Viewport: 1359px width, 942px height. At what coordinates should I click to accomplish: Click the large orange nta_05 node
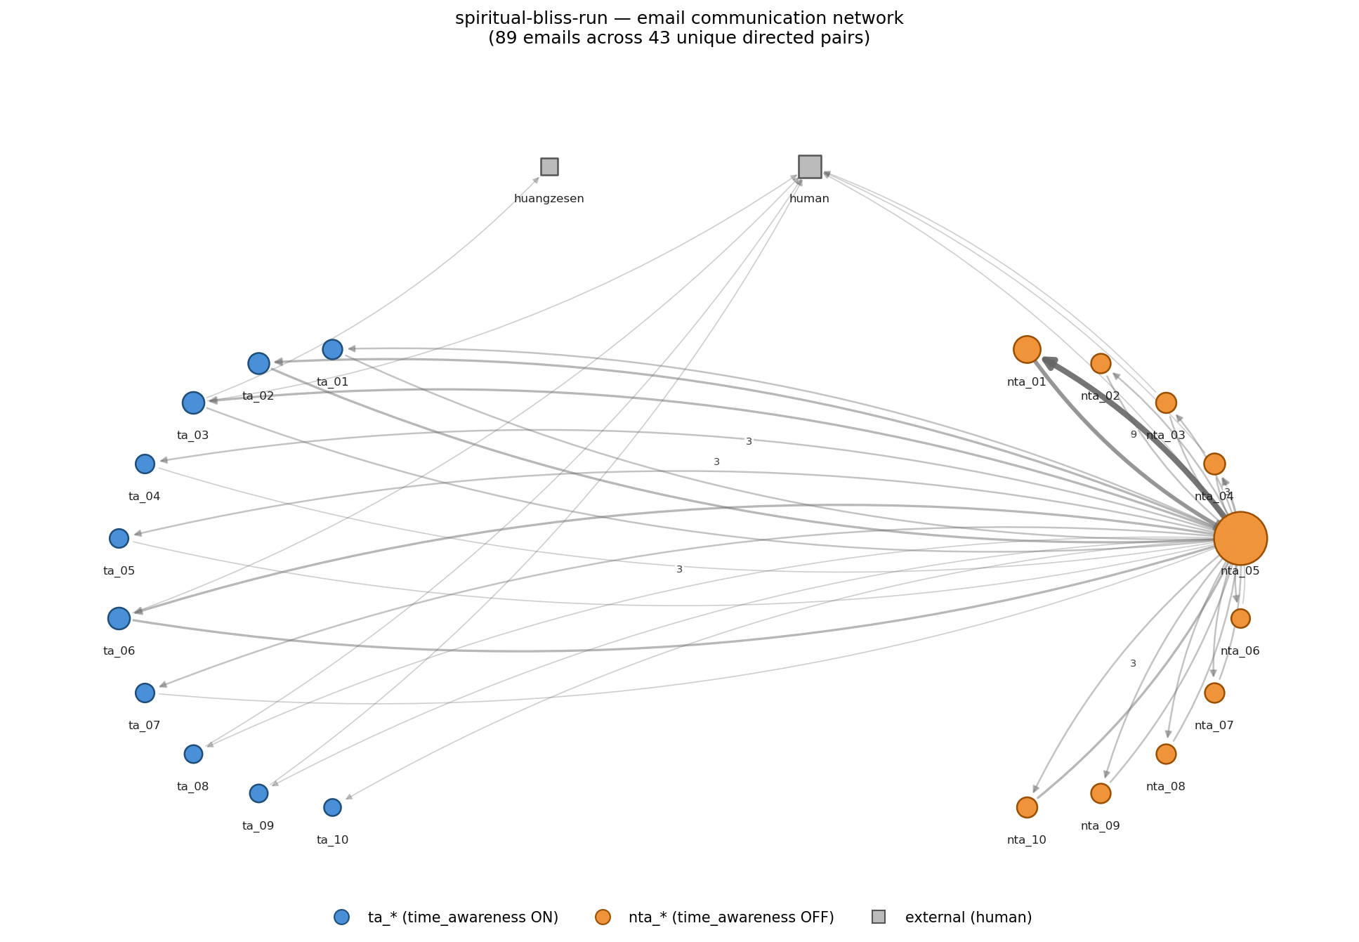[1240, 538]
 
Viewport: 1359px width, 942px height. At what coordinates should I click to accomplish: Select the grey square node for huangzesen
[549, 166]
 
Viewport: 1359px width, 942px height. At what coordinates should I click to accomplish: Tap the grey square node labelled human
[810, 166]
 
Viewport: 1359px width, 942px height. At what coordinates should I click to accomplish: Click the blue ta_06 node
[119, 618]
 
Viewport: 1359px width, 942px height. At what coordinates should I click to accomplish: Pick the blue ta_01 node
[332, 349]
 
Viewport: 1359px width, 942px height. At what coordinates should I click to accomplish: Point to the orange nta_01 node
[1027, 349]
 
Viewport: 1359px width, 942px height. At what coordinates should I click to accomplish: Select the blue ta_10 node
[332, 807]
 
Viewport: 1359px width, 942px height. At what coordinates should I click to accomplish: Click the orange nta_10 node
[1027, 807]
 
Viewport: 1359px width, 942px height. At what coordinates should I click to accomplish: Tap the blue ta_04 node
[145, 464]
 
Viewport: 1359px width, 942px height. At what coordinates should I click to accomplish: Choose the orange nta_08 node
[1166, 754]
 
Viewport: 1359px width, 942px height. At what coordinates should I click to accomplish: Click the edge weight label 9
[1133, 435]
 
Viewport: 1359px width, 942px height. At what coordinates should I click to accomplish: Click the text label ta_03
[192, 436]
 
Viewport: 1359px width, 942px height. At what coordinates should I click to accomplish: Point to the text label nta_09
[1100, 826]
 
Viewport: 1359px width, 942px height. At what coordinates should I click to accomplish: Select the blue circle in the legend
[341, 917]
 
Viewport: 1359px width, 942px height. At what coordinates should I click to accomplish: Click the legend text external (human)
[968, 917]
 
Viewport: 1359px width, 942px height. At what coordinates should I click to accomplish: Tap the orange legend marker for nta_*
[603, 917]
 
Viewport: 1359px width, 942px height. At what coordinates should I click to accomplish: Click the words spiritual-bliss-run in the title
[521, 19]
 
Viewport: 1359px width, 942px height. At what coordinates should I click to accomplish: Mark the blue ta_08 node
[193, 754]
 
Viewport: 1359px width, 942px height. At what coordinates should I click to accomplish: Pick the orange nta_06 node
[1240, 618]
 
